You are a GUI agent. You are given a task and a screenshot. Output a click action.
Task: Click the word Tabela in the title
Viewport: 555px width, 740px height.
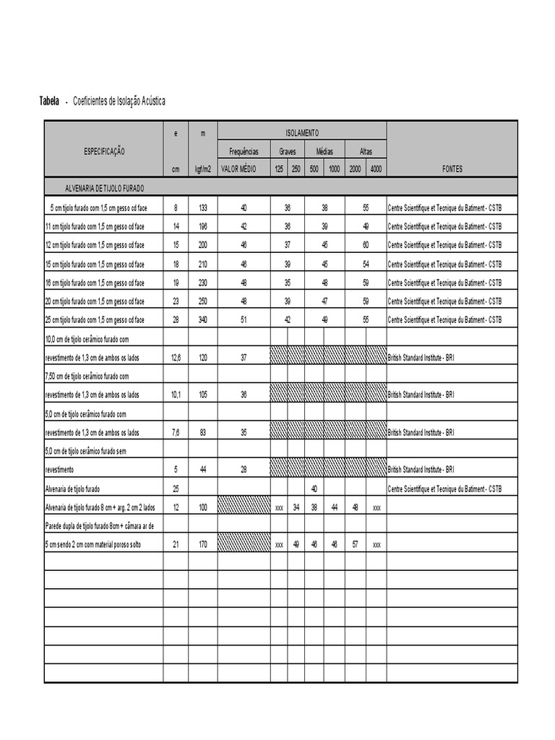point(49,101)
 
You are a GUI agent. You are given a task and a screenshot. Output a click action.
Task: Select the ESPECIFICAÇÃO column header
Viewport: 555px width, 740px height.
point(104,151)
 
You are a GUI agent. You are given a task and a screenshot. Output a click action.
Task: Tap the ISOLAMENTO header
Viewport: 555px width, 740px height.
point(302,133)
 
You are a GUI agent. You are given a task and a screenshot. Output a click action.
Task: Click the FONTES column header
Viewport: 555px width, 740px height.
point(452,169)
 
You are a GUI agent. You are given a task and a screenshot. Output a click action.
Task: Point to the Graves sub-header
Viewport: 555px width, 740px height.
point(288,152)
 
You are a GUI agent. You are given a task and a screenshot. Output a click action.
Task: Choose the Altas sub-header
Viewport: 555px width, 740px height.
point(366,152)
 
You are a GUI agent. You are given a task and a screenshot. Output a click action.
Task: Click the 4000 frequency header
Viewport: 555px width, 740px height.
point(376,169)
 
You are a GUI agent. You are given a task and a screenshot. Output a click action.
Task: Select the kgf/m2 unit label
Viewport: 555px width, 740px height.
point(202,169)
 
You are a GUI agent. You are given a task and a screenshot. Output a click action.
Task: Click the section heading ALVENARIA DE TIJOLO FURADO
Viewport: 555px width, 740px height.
point(105,188)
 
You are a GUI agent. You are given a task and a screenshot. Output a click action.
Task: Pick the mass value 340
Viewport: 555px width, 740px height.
point(202,319)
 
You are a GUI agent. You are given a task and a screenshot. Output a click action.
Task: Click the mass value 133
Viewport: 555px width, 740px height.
point(202,207)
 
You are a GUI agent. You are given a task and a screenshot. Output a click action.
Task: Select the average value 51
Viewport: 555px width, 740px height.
point(244,319)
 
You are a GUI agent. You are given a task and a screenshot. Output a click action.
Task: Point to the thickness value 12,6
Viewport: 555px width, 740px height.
point(176,357)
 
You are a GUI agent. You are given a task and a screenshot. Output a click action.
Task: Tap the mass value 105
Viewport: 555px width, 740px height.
point(202,395)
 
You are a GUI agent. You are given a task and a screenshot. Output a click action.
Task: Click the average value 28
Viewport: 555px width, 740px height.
point(244,470)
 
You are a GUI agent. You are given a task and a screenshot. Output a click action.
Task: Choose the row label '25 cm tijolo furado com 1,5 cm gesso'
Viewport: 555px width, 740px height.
point(95,319)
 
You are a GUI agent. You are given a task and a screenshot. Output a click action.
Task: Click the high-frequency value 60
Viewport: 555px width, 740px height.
point(366,245)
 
